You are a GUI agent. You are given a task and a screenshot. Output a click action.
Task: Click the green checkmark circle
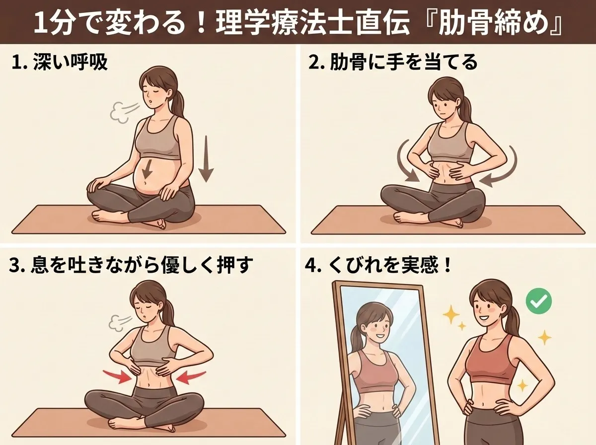click(x=539, y=301)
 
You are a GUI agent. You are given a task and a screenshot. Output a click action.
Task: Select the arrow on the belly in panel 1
click(x=148, y=168)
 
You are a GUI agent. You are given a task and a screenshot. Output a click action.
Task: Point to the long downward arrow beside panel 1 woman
click(x=206, y=159)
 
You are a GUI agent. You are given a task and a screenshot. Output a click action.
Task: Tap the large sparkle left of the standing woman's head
click(x=451, y=314)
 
